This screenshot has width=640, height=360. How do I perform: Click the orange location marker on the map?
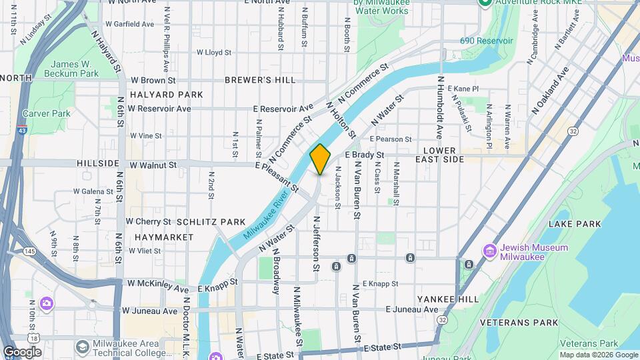pyautogui.click(x=320, y=159)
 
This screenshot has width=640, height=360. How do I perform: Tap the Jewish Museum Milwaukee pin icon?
pyautogui.click(x=490, y=251)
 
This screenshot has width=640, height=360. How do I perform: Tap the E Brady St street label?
pyautogui.click(x=365, y=155)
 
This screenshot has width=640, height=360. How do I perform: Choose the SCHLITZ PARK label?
pyautogui.click(x=211, y=222)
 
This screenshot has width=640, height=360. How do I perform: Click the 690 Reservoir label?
pyautogui.click(x=487, y=41)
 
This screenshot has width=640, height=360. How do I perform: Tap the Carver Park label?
pyautogui.click(x=46, y=113)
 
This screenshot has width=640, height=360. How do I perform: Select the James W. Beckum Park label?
pyautogui.click(x=71, y=68)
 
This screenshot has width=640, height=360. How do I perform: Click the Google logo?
pyautogui.click(x=22, y=351)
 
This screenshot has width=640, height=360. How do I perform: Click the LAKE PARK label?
pyautogui.click(x=571, y=224)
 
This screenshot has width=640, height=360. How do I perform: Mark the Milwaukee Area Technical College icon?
pyautogui.click(x=82, y=347)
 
